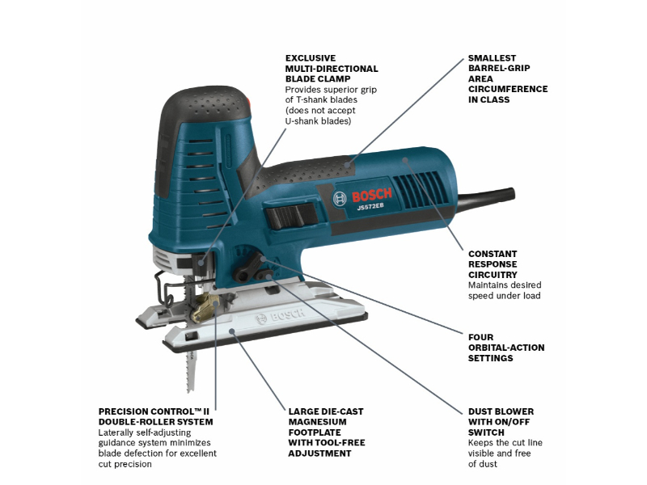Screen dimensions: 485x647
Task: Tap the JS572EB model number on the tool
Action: coord(370,207)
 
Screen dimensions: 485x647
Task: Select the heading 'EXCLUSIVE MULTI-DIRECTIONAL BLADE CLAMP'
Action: coord(332,69)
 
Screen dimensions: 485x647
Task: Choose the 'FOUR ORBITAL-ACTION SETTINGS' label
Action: coord(506,348)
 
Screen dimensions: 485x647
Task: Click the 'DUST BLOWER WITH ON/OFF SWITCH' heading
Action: coord(501,422)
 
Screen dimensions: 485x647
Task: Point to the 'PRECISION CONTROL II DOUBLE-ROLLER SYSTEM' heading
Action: coord(156,416)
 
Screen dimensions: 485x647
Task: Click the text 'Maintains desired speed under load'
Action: coord(505,290)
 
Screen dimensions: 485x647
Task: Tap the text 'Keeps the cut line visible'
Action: coord(505,443)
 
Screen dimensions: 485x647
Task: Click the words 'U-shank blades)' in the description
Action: coord(319,121)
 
